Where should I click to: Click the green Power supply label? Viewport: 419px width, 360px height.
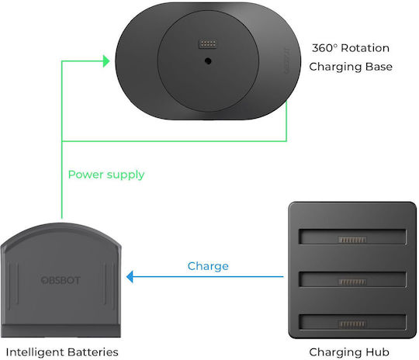coord(106,175)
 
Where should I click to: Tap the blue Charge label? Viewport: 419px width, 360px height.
coord(208,266)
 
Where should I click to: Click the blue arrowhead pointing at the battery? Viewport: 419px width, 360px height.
coord(130,277)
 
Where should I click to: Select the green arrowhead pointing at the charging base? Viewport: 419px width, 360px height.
coord(106,61)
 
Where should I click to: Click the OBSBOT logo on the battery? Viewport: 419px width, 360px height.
coord(61,280)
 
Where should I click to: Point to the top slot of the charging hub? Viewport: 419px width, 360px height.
coord(352,237)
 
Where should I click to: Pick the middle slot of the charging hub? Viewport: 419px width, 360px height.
coord(352,279)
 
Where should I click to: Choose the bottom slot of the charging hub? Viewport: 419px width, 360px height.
coord(352,322)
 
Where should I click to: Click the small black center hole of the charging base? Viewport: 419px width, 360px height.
coord(208,61)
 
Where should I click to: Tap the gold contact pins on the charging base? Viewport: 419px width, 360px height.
coord(208,43)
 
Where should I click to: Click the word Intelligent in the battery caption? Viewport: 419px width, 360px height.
coord(33,352)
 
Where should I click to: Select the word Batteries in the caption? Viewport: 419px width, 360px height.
coord(92,352)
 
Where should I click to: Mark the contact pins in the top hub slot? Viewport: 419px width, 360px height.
coord(352,240)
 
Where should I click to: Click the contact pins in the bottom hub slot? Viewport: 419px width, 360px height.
coord(352,324)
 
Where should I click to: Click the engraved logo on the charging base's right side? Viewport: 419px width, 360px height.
coord(286,61)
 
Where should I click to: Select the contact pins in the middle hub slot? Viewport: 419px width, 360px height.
coord(352,282)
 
